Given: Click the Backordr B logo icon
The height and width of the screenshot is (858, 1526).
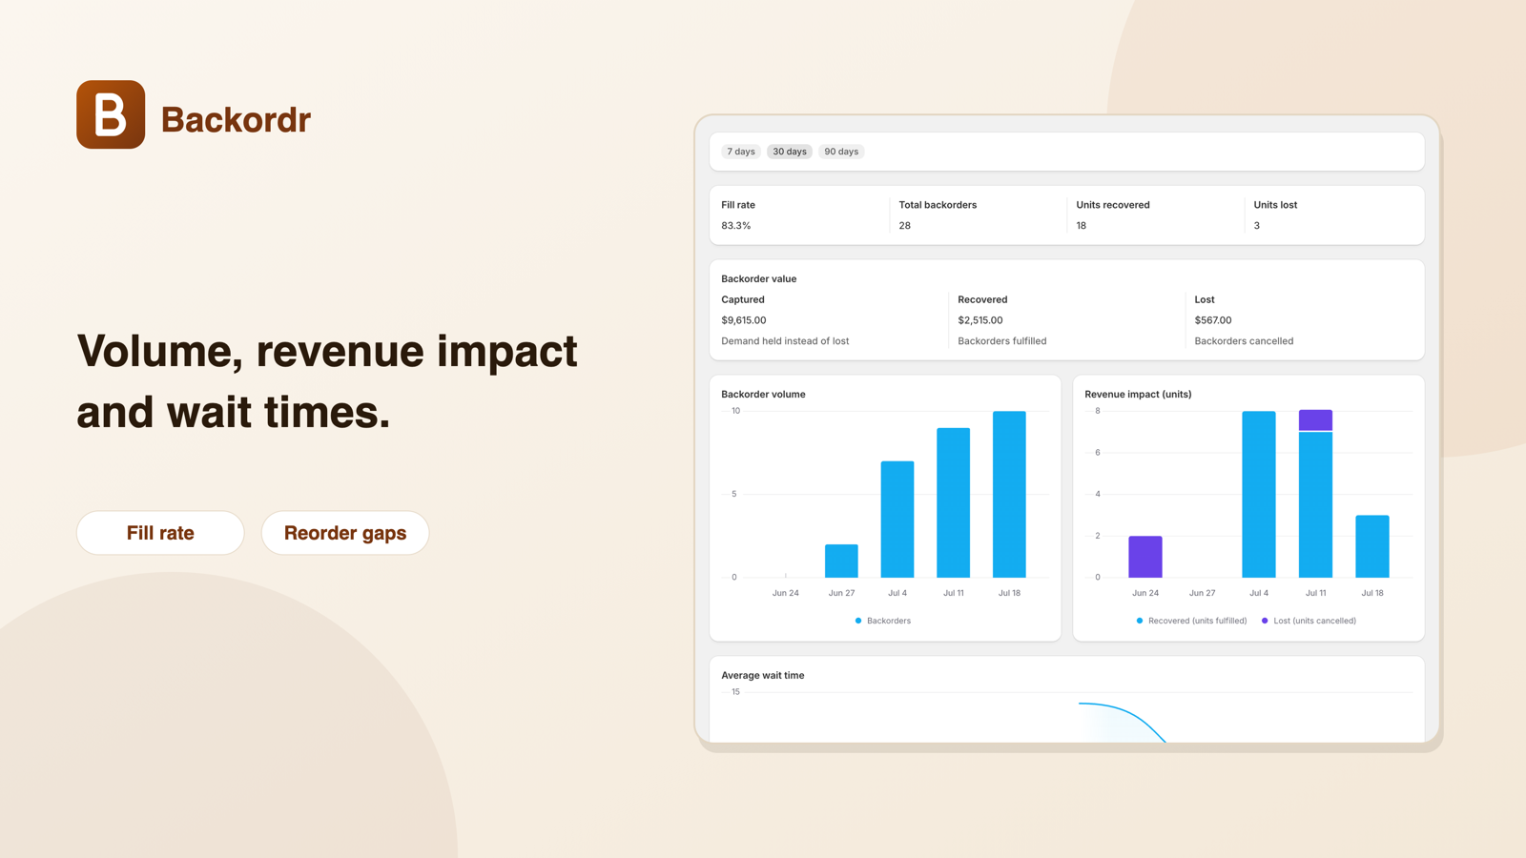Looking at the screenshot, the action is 111,114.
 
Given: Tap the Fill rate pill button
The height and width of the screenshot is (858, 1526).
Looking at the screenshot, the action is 160,533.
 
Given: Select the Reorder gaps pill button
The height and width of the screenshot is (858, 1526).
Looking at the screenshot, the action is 344,533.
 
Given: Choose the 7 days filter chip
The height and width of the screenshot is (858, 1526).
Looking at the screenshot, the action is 740,152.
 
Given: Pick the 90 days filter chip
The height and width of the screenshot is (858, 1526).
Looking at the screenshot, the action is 840,152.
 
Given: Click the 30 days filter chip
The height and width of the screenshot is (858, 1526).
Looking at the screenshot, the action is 790,152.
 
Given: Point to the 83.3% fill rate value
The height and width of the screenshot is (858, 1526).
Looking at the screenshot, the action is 735,225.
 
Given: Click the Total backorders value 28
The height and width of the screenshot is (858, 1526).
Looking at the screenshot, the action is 905,225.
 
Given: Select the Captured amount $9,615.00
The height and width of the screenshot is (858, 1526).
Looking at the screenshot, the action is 743,320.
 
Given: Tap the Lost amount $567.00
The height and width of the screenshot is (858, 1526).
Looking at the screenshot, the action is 1212,320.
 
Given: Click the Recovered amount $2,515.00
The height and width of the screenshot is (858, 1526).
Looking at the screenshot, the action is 980,320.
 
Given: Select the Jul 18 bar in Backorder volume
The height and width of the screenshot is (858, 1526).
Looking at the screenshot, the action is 1009,495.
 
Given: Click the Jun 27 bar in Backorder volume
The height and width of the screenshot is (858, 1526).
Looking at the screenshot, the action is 841,562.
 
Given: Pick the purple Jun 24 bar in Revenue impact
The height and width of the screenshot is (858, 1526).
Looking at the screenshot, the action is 1145,557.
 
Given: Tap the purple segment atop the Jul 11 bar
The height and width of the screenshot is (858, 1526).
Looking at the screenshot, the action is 1315,420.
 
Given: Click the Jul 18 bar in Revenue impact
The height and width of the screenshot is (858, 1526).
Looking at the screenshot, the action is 1372,546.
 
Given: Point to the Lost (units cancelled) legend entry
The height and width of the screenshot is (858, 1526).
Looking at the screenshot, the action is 1309,621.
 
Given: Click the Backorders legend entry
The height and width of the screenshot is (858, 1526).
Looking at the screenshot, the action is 883,621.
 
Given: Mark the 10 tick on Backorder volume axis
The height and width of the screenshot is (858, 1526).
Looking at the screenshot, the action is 735,411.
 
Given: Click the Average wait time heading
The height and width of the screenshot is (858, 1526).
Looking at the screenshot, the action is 762,675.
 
